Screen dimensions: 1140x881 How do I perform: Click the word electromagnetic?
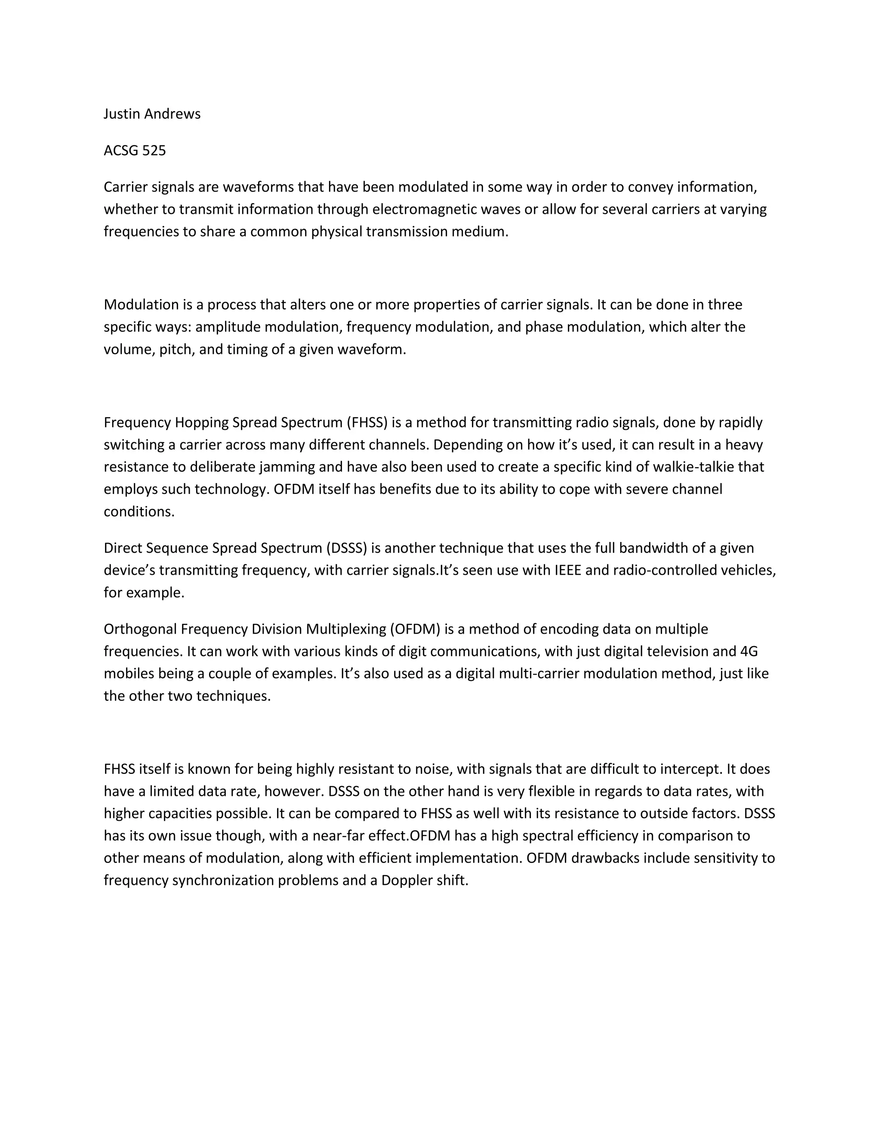click(x=423, y=210)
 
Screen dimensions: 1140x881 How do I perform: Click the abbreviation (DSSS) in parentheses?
click(x=347, y=548)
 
